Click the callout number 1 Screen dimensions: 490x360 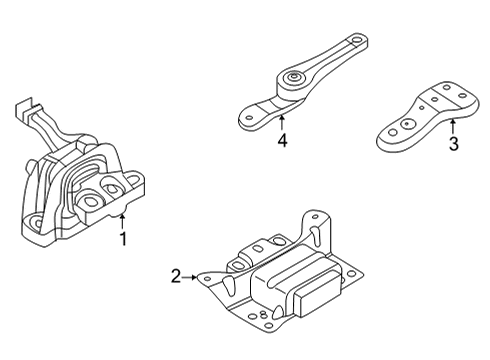pyautogui.click(x=123, y=239)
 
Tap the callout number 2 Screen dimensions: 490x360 pyautogui.click(x=176, y=277)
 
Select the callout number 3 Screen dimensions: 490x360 pyautogui.click(x=453, y=144)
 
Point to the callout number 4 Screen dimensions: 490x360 pyautogui.click(x=282, y=140)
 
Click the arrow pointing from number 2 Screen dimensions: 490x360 pyautogui.click(x=189, y=277)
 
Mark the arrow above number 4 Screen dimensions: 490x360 pyautogui.click(x=282, y=122)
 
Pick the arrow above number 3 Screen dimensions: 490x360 pyautogui.click(x=453, y=127)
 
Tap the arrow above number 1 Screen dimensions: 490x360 pyautogui.click(x=122, y=221)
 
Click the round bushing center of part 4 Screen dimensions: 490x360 pyautogui.click(x=292, y=78)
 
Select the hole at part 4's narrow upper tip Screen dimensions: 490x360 pyautogui.click(x=357, y=41)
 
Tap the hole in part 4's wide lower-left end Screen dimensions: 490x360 pyautogui.click(x=248, y=117)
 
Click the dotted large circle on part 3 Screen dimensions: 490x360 pyautogui.click(x=407, y=125)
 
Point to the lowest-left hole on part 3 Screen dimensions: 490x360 pyautogui.click(x=393, y=133)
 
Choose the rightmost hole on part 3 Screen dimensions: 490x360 pyautogui.click(x=462, y=96)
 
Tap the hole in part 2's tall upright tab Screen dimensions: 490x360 pyautogui.click(x=315, y=217)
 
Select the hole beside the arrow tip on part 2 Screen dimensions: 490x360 pyautogui.click(x=207, y=279)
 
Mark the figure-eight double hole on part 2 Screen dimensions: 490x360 pyautogui.click(x=263, y=314)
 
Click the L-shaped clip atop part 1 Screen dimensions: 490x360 pyautogui.click(x=25, y=108)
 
